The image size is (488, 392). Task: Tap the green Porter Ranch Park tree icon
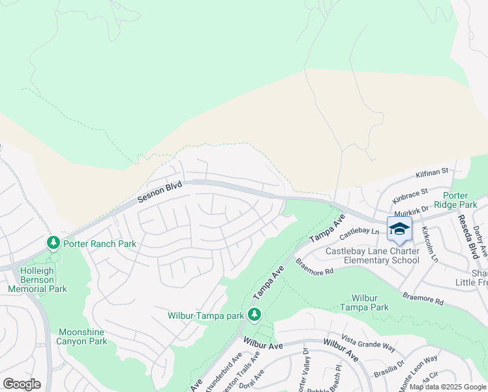pos(53,243)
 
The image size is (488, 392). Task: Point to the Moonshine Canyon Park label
pos(81,336)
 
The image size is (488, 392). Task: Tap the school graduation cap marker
pos(399,229)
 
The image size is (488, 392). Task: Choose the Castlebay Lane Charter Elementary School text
pos(373,255)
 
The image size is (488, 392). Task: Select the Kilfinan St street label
pos(433,173)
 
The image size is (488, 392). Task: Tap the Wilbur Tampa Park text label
pos(365,302)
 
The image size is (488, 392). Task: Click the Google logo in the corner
pos(22,384)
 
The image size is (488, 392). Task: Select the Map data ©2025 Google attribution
pos(448,387)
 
